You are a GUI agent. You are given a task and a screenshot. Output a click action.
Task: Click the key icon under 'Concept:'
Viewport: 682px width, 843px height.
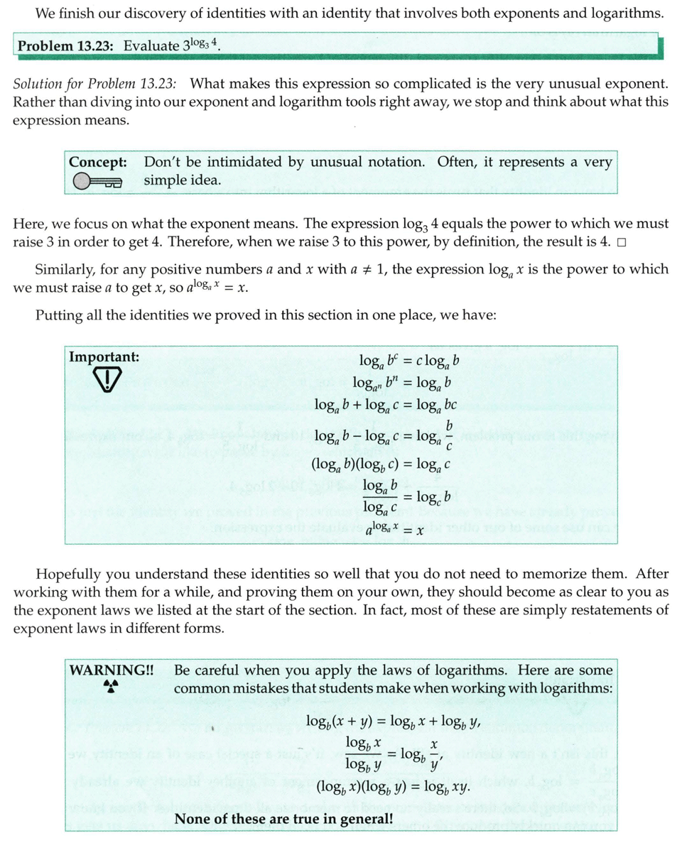tap(97, 183)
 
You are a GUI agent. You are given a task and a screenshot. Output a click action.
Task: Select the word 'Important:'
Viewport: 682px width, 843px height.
tap(104, 357)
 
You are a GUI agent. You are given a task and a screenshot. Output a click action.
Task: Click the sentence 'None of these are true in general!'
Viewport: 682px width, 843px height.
tap(284, 818)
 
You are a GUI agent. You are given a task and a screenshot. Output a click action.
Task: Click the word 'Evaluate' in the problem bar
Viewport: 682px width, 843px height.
tap(151, 46)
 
